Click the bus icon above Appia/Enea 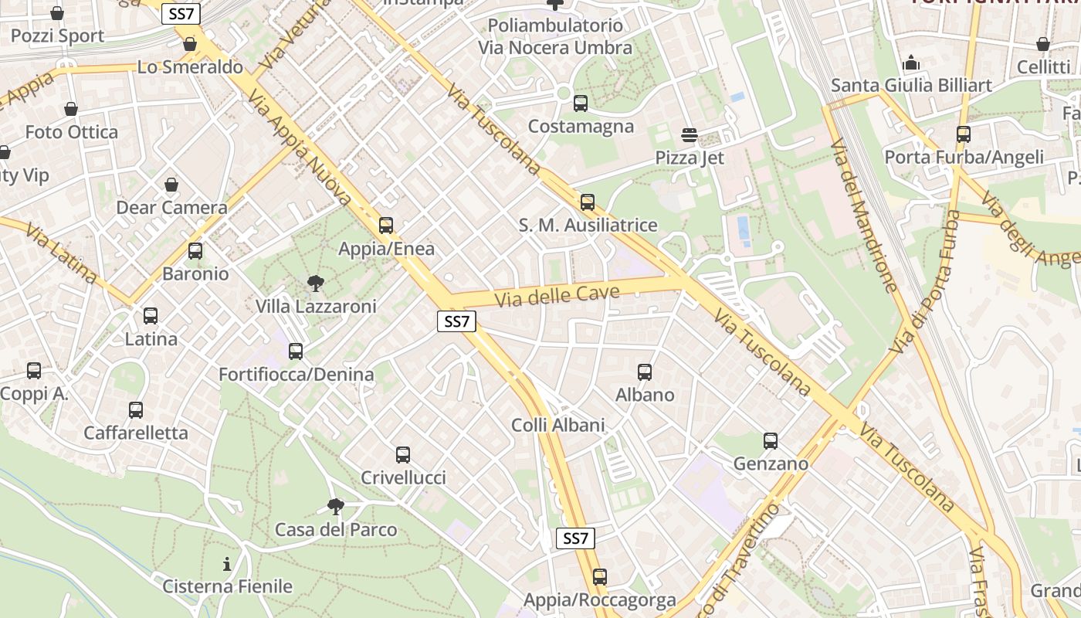point(386,226)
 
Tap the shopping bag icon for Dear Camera point(171,185)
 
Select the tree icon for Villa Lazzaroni point(315,284)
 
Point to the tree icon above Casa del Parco point(335,507)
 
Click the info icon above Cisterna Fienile point(227,564)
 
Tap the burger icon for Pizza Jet point(690,135)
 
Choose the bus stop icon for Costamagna point(581,103)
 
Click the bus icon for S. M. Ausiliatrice point(588,202)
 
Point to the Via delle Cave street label point(557,295)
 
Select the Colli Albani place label point(557,425)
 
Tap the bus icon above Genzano point(771,441)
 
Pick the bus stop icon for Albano point(645,372)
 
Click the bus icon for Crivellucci point(403,455)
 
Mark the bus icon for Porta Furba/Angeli point(964,134)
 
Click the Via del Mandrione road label point(864,216)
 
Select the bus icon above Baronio point(195,251)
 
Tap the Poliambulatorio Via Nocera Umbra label point(554,36)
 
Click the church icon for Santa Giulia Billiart point(911,63)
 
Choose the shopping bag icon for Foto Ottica point(71,109)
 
